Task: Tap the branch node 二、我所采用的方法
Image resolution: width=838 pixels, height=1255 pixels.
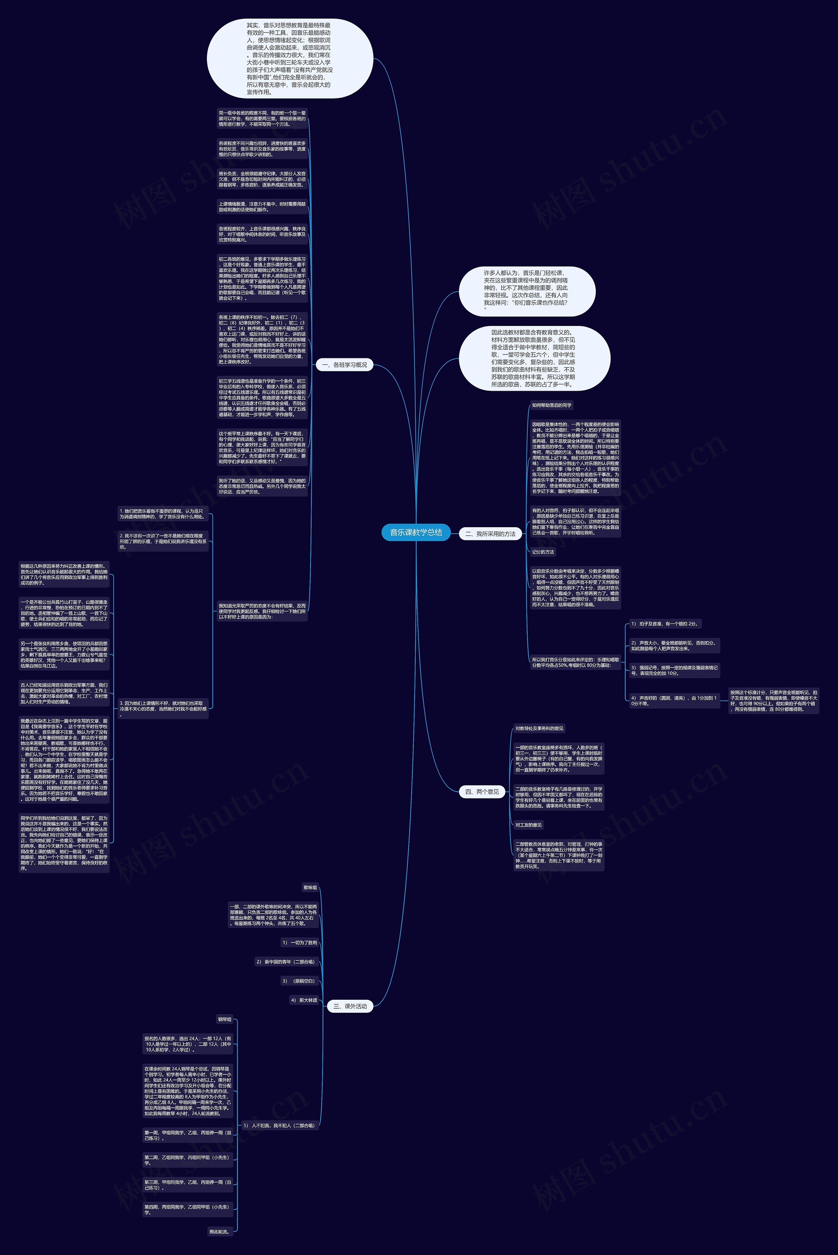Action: tap(490, 534)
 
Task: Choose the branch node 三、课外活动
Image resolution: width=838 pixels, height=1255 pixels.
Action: tap(350, 1006)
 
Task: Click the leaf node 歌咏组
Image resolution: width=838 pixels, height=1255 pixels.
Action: tap(310, 887)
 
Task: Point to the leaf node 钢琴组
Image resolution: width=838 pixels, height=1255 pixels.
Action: tap(225, 1019)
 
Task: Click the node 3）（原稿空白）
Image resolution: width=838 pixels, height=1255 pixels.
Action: tap(299, 981)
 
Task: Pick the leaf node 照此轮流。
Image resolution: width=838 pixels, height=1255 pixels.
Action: tap(219, 1231)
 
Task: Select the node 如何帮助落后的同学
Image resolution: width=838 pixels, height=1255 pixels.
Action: tap(552, 405)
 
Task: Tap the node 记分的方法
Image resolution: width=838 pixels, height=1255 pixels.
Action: tap(543, 552)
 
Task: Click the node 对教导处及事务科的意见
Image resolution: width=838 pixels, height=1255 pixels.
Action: tap(539, 728)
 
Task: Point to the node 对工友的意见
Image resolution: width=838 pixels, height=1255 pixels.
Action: tap(529, 825)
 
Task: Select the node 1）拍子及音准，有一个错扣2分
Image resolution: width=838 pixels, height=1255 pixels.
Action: tap(664, 623)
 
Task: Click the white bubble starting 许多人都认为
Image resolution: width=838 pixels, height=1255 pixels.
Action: tap(526, 291)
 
